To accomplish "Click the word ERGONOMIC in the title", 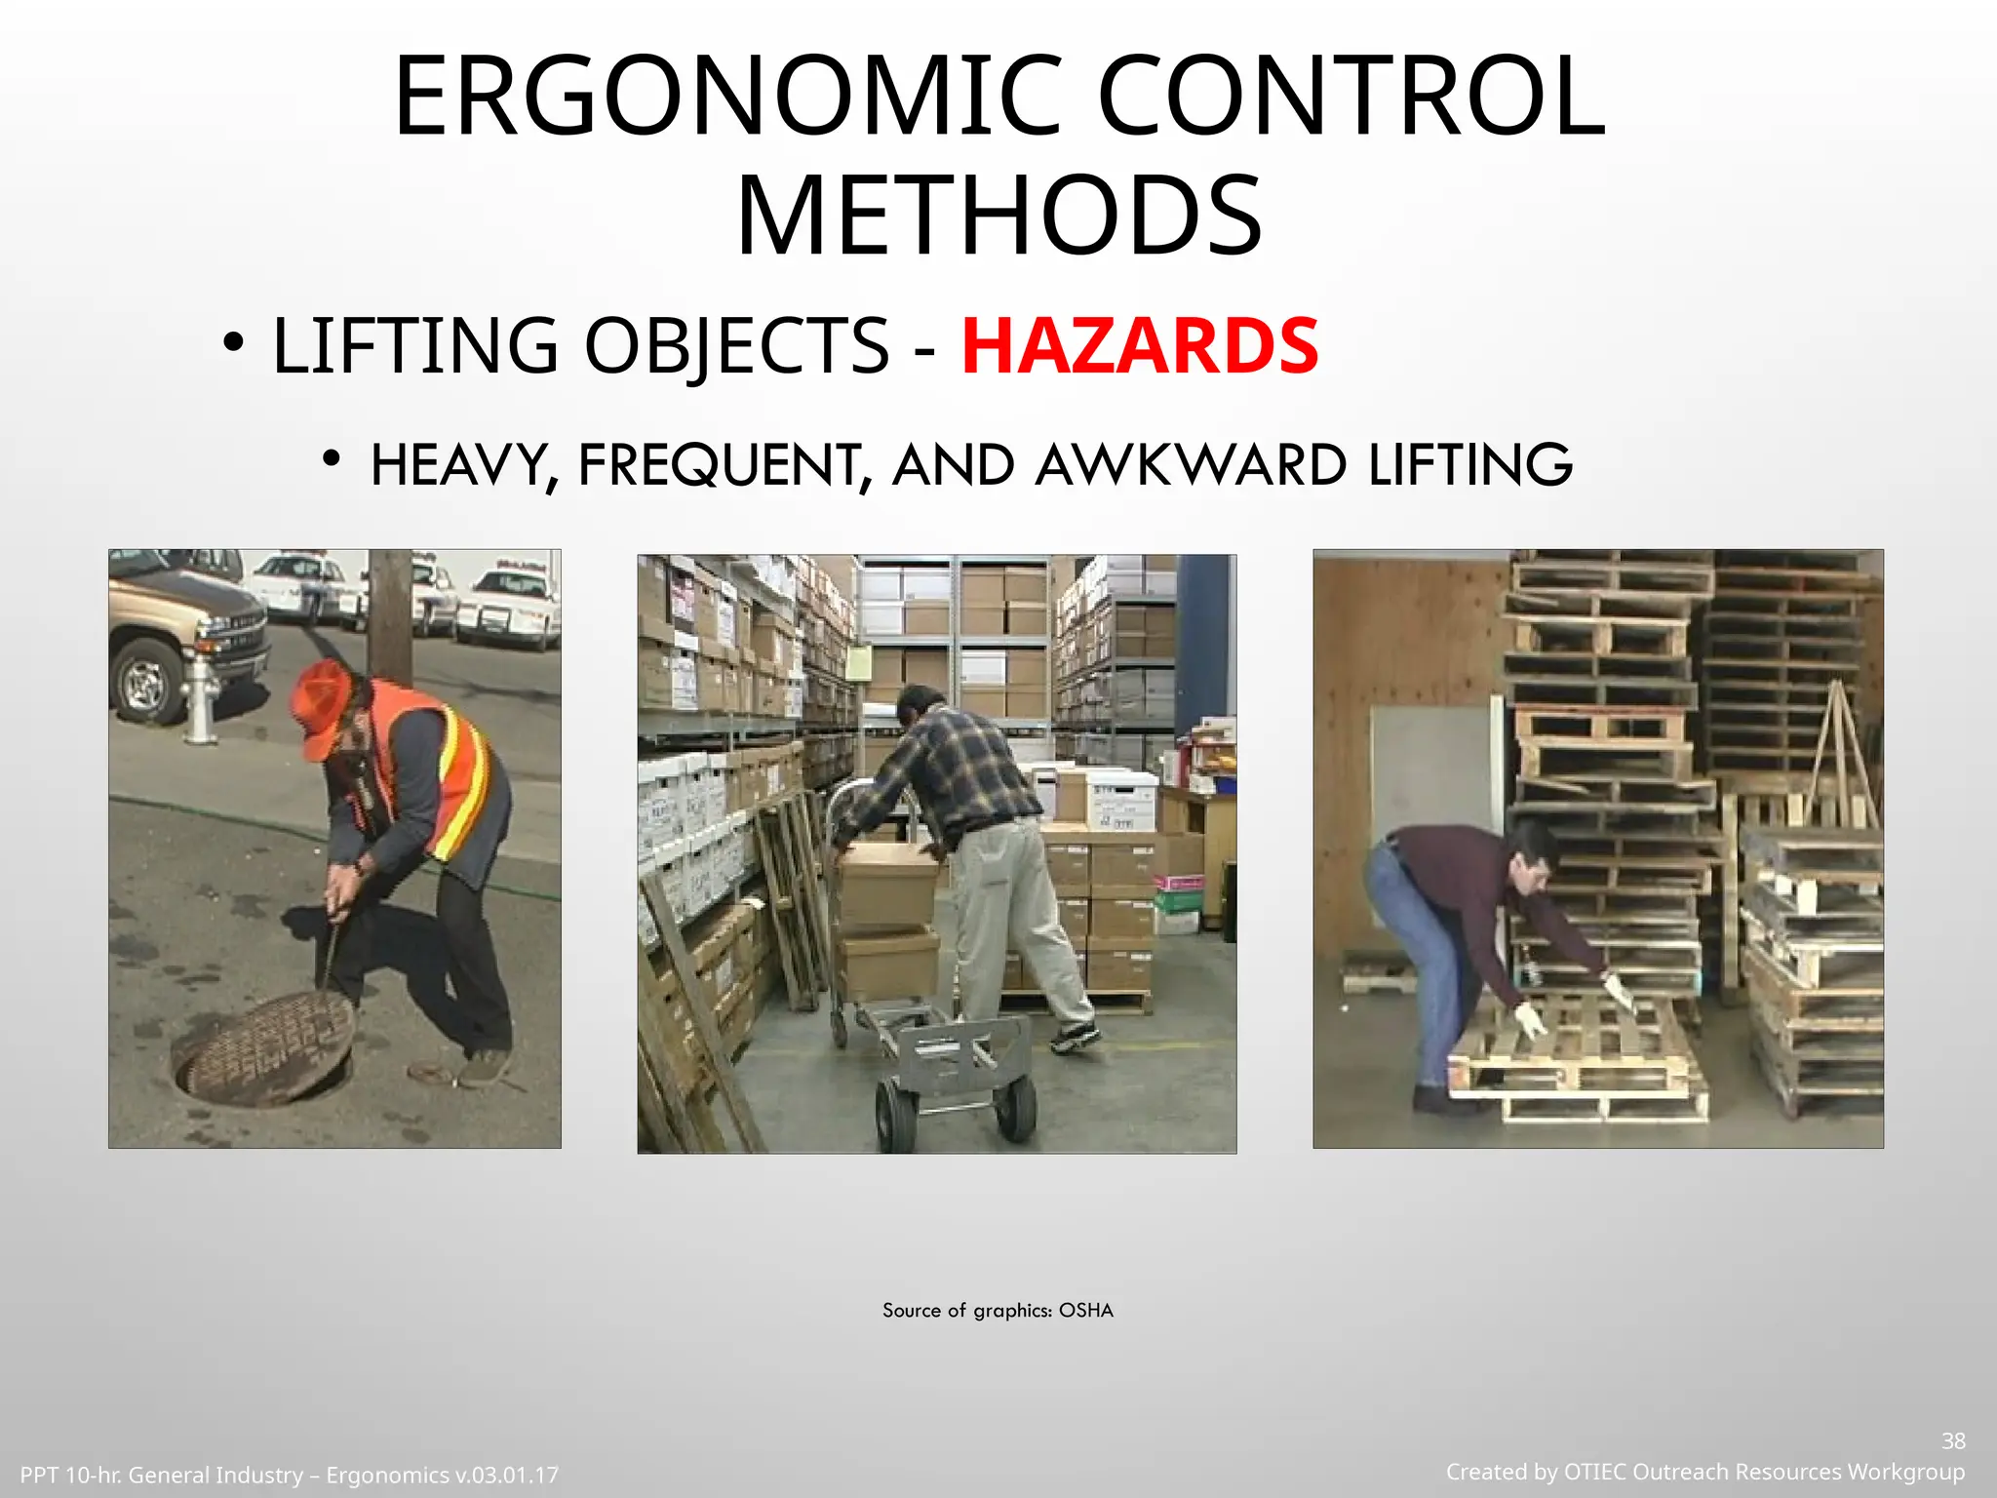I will (x=726, y=98).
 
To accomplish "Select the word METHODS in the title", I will (x=998, y=217).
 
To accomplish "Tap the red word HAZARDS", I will (x=1139, y=346).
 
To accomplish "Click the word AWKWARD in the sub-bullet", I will (x=1191, y=465).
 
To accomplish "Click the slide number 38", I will (x=1953, y=1441).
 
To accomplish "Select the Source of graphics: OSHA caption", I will (x=998, y=1311).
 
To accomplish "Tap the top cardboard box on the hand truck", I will (x=887, y=885).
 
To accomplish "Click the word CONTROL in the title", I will (x=1351, y=98).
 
